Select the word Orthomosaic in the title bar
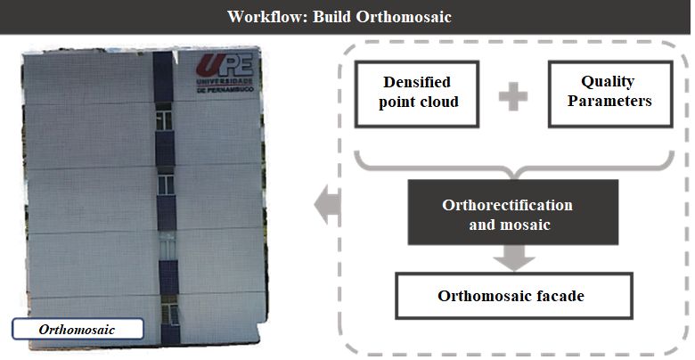click(x=404, y=17)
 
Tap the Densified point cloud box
click(x=417, y=94)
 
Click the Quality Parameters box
click(x=610, y=94)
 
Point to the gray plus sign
click(x=513, y=96)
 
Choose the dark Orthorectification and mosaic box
click(x=513, y=212)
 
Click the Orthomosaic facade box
click(x=514, y=296)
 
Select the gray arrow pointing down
click(x=514, y=258)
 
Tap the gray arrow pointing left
click(x=327, y=204)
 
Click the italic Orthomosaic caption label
click(x=78, y=329)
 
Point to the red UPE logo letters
click(x=225, y=66)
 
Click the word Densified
click(x=417, y=82)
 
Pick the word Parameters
click(x=609, y=101)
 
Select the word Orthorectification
click(x=508, y=205)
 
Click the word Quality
click(x=608, y=82)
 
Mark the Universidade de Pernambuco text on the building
click(x=225, y=86)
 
